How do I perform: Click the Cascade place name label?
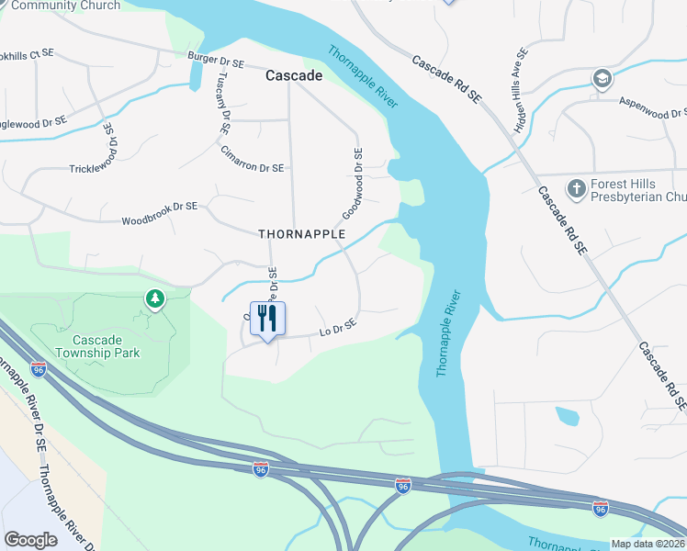[294, 76]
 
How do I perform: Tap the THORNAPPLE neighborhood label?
[301, 234]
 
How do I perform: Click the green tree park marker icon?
[155, 298]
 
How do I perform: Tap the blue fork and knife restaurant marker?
[267, 320]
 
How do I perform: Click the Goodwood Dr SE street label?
[354, 184]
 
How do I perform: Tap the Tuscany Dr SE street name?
[221, 104]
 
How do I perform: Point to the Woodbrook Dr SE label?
[159, 214]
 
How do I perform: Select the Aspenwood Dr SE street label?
[653, 107]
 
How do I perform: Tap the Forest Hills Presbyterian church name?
[637, 190]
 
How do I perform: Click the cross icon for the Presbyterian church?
[576, 189]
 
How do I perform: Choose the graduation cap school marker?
[603, 77]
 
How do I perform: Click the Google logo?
[31, 540]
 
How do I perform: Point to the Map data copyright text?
[648, 543]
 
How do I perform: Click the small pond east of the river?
[568, 416]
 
